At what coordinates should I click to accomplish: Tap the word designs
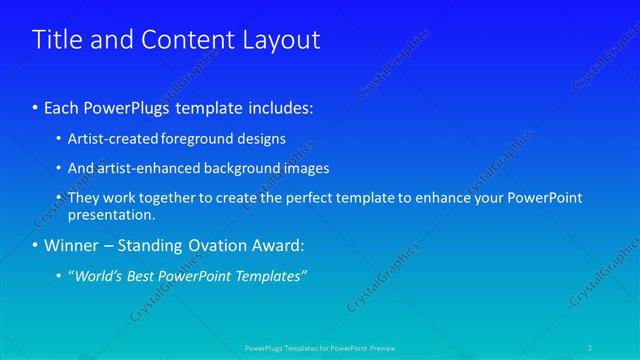coord(262,139)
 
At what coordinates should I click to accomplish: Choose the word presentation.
coord(111,214)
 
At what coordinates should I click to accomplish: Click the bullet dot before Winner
coord(36,246)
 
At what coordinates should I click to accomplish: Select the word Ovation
coord(218,246)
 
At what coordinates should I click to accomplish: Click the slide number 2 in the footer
coord(592,348)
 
